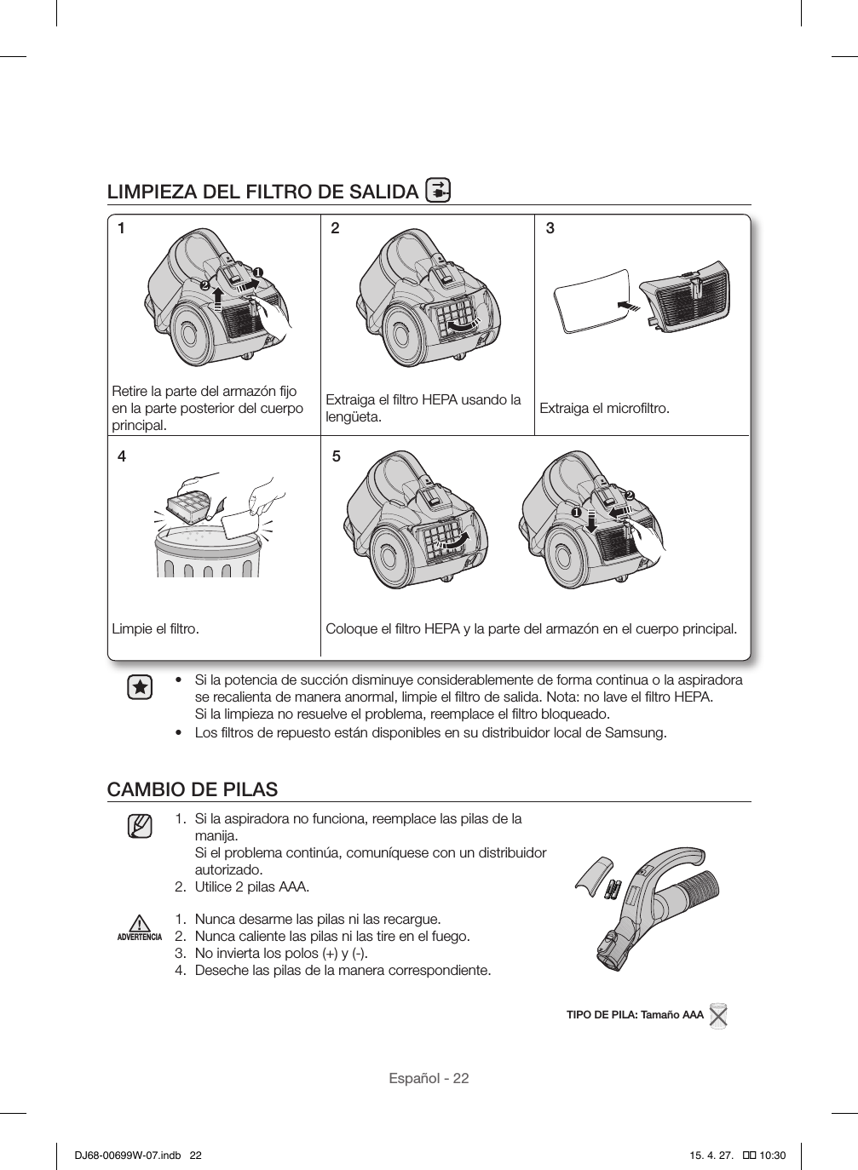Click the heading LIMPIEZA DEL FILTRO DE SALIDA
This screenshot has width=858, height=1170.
coord(262,191)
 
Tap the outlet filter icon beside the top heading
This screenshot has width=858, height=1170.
coord(437,191)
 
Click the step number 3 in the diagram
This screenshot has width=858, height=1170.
coord(550,228)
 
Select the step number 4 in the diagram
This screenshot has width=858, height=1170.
coord(122,456)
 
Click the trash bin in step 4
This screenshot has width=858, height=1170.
coord(207,553)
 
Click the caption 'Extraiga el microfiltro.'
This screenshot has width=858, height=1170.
coord(604,409)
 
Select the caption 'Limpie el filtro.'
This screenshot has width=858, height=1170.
coord(156,629)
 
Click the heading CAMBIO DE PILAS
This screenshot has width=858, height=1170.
coord(193,789)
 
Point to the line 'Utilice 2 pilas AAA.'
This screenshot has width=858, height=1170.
coord(252,886)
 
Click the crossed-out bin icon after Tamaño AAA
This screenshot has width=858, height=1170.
coord(718,1015)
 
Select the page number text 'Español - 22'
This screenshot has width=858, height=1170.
coord(429,1078)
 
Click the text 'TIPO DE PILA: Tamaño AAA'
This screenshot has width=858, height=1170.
coord(635,1014)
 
